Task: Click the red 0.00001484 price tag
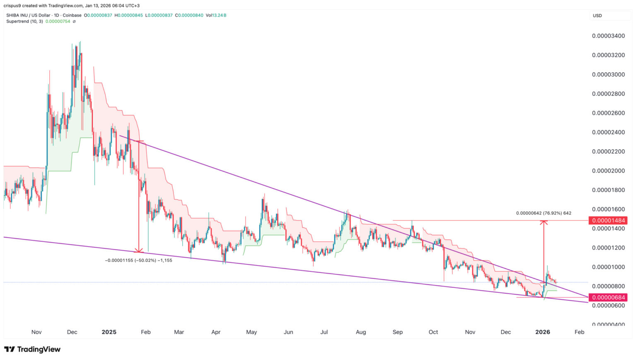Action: (x=608, y=220)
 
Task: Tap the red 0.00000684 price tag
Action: (x=608, y=297)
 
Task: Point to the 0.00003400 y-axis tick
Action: (x=608, y=36)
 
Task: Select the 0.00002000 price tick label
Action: (x=608, y=171)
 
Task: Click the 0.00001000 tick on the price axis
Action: (x=608, y=267)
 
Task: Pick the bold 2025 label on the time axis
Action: (x=109, y=332)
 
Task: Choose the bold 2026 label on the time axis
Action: (x=542, y=332)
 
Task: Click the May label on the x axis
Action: (x=251, y=332)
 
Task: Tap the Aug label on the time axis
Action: (x=361, y=332)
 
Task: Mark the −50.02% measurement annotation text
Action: (x=139, y=260)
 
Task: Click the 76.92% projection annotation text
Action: (x=543, y=213)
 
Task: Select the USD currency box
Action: (x=597, y=16)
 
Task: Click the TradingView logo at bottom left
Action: (x=32, y=349)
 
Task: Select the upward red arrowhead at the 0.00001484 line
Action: (x=544, y=222)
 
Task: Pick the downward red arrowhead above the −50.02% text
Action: (x=139, y=250)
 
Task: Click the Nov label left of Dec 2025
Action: (x=470, y=332)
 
